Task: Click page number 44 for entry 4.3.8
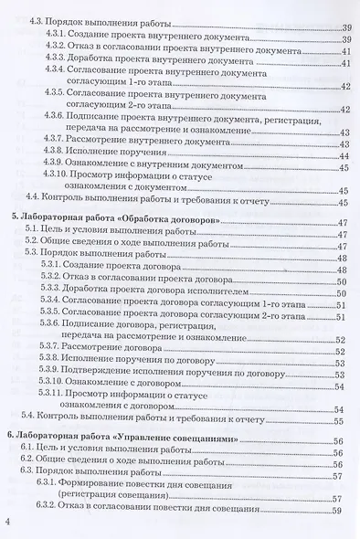344,155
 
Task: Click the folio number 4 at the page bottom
8,521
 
